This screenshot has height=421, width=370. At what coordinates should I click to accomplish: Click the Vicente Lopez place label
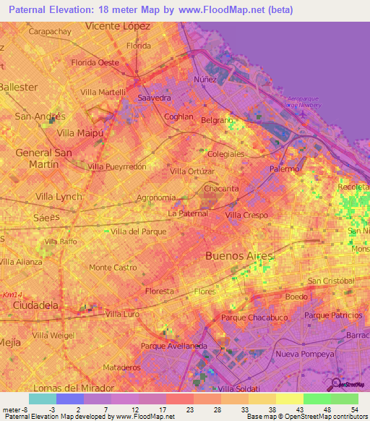tap(117, 25)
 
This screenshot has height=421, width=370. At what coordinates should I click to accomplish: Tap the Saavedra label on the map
tap(153, 97)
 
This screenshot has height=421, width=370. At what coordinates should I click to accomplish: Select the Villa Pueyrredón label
tap(116, 166)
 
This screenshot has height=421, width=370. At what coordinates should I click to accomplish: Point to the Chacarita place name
tap(221, 189)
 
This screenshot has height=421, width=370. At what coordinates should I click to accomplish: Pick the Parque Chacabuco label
tap(249, 318)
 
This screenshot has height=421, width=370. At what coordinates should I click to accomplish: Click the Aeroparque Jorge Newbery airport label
tap(312, 101)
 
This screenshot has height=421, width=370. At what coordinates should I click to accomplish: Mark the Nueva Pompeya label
tap(304, 354)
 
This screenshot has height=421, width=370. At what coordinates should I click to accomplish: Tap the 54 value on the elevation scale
tap(355, 410)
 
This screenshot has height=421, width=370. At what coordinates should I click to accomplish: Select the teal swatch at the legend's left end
tap(42, 399)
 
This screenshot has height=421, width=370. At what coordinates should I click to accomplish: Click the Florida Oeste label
tap(95, 62)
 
